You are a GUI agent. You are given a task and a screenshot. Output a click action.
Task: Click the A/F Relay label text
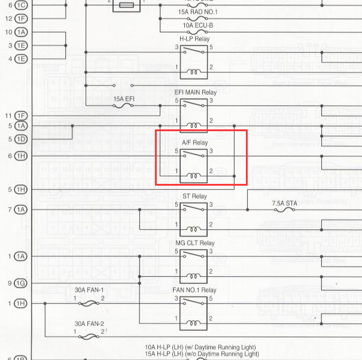click(194, 143)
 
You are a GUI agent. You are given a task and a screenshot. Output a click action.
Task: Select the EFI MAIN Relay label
click(195, 93)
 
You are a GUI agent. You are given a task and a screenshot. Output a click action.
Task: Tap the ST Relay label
click(194, 196)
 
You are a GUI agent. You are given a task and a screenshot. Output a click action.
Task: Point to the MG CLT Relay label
click(194, 243)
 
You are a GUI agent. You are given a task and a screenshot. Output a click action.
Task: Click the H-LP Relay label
click(194, 39)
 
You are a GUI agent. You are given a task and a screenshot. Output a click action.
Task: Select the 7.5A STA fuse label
click(284, 204)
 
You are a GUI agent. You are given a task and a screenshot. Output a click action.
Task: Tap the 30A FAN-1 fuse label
click(89, 290)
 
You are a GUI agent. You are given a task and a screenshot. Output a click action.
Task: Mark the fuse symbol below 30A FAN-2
click(89, 337)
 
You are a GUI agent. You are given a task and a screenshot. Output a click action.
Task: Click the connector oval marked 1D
click(21, 139)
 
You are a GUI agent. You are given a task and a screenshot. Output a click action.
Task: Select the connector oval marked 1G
click(21, 283)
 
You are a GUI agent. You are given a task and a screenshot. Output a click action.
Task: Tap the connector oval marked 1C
click(21, 5)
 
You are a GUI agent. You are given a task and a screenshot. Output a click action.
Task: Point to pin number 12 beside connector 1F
click(8, 18)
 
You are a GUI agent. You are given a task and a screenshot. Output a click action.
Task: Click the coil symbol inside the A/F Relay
click(194, 176)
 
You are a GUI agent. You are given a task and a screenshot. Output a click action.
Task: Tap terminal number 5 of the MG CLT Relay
click(177, 252)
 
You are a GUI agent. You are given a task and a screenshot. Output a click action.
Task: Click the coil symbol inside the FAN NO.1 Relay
click(194, 323)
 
